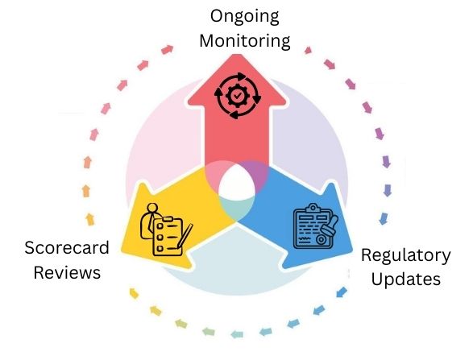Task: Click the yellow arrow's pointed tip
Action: pyautogui.click(x=123, y=251)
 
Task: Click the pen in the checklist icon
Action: pyautogui.click(x=185, y=237)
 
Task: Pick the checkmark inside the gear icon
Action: pyautogui.click(x=238, y=96)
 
